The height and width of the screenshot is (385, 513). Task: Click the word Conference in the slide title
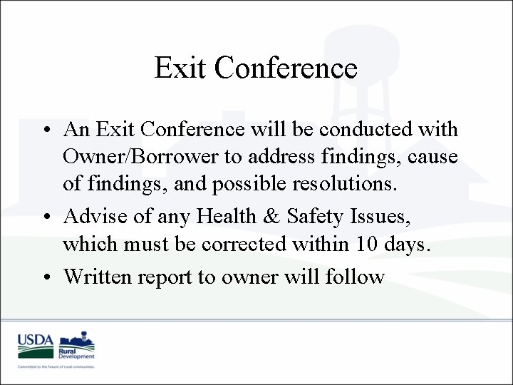tap(285, 68)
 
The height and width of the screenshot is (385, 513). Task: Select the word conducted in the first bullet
tap(378, 130)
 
